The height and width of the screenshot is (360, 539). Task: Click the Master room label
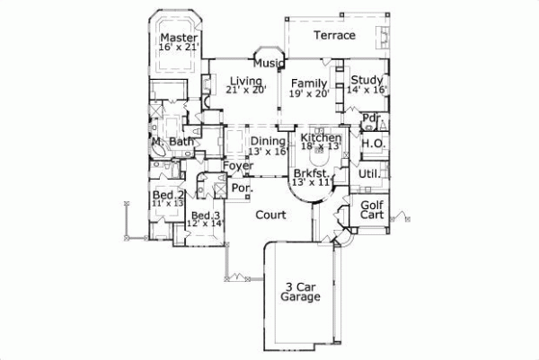point(179,38)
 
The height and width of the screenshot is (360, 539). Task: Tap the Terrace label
point(334,35)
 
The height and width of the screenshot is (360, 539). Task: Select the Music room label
point(269,63)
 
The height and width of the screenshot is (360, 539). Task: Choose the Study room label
point(367,79)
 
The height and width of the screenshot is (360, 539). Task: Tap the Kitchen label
point(321,137)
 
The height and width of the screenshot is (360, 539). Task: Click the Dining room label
point(268,141)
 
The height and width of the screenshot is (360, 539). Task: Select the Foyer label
point(238,166)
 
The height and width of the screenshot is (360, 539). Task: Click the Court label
point(271,215)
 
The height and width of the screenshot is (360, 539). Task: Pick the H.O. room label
point(371,143)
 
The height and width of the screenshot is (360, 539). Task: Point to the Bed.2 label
point(168,195)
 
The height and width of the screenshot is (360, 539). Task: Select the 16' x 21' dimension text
point(179,48)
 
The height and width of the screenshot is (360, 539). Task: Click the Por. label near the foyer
point(240,189)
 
